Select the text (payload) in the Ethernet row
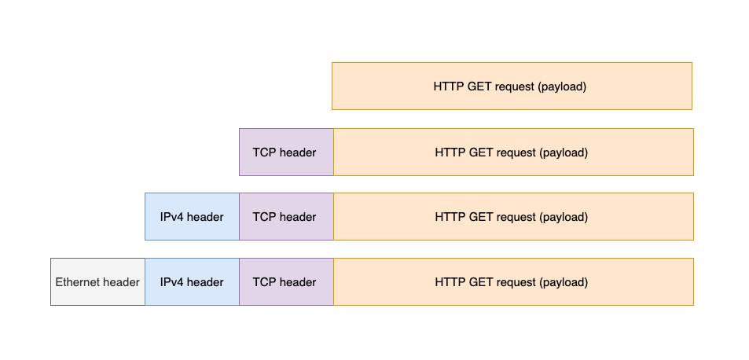(564, 282)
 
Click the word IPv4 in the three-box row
(172, 217)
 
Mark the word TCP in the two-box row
(264, 152)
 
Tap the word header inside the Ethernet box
(121, 282)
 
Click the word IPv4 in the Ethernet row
(172, 282)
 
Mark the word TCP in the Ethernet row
(264, 282)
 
